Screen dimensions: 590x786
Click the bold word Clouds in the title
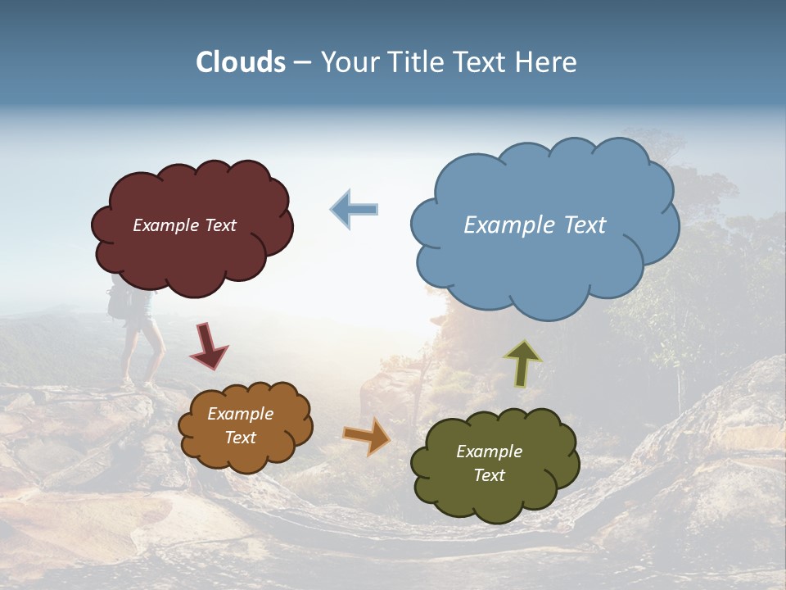coord(241,62)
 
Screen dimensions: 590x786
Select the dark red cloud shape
coord(193,254)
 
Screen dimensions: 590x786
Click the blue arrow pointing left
coord(355,210)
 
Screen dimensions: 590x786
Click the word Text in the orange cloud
coord(241,438)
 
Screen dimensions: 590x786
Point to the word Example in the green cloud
coord(489,452)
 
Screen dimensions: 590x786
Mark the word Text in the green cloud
coord(489,475)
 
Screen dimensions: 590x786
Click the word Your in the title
coord(346,62)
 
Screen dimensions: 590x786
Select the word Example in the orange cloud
coord(241,414)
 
